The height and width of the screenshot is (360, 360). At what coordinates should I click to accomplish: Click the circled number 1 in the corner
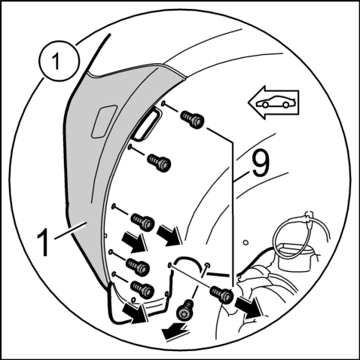tap(59, 61)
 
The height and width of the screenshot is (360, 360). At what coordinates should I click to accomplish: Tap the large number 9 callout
tap(261, 163)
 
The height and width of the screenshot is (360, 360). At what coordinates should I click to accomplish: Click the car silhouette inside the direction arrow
tap(274, 102)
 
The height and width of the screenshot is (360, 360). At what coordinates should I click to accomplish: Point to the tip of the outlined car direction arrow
tap(249, 102)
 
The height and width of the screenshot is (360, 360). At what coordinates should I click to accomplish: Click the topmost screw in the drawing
tap(192, 119)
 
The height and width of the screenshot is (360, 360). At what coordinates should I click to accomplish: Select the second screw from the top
tap(159, 163)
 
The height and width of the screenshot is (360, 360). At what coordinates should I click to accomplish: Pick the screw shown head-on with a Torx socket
tap(185, 310)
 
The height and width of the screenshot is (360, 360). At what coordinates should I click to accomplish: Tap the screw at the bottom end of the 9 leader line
tap(221, 294)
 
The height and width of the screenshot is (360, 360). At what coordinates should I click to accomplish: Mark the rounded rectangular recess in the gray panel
tap(104, 121)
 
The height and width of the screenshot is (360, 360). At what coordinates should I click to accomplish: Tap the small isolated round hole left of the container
tap(246, 243)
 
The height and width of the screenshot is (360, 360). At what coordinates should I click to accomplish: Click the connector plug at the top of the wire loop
tap(309, 216)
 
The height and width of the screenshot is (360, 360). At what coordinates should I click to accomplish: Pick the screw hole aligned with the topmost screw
tap(163, 102)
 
